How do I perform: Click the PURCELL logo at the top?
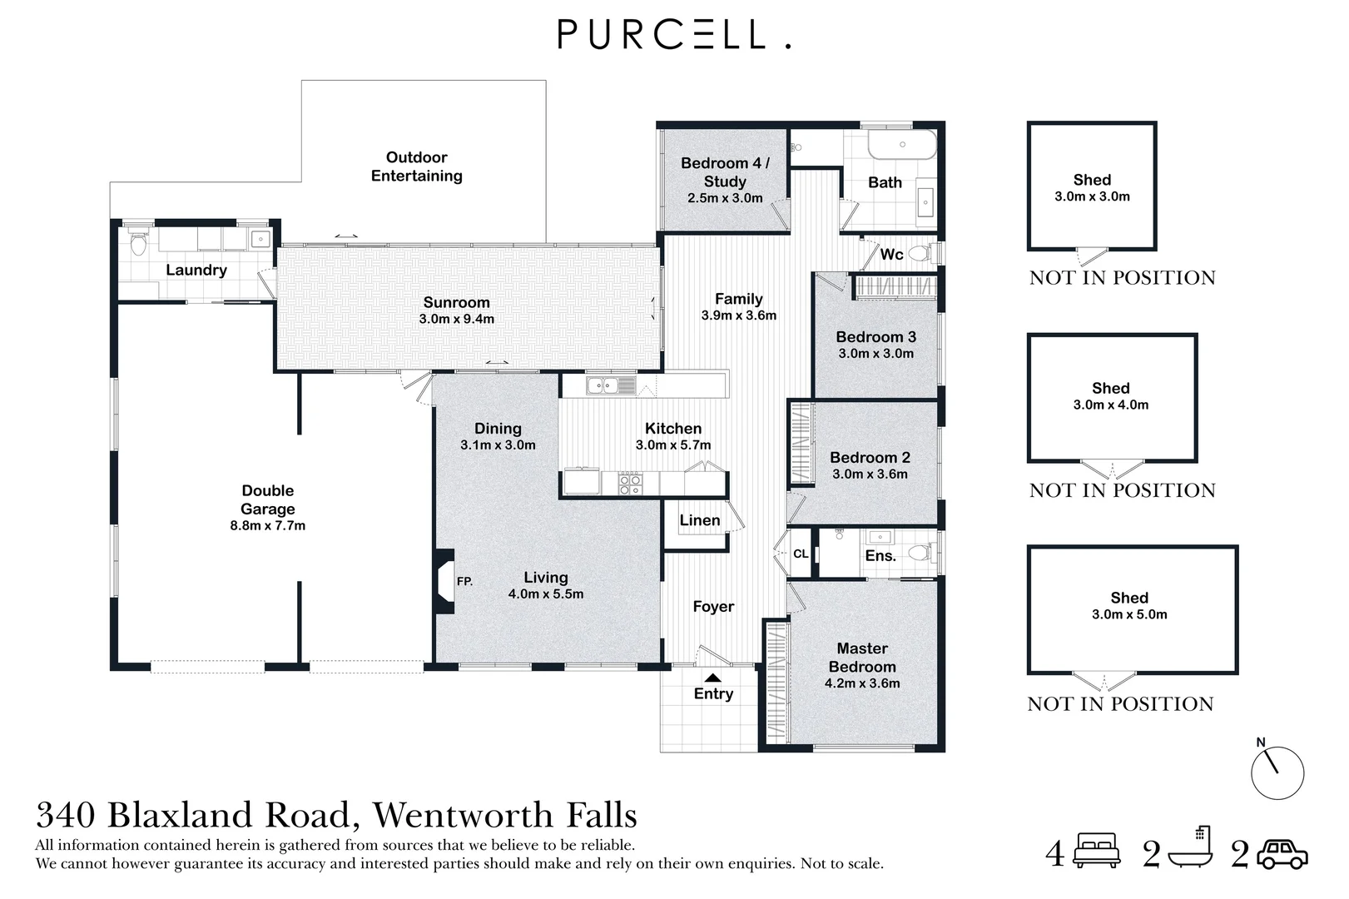[x=673, y=34]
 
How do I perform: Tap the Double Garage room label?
[x=268, y=499]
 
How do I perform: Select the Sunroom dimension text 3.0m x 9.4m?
[x=457, y=319]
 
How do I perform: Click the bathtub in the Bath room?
[x=902, y=147]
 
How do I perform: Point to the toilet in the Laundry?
[x=139, y=244]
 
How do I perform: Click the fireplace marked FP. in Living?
[x=444, y=581]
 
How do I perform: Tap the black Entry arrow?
[x=713, y=678]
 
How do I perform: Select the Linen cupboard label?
[x=699, y=520]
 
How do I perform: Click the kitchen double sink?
[x=610, y=385]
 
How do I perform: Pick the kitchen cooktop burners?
[x=630, y=484]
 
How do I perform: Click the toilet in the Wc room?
[x=919, y=253]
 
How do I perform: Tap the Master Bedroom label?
[x=862, y=657]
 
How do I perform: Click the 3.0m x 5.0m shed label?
[x=1129, y=614]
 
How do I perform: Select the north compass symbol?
[x=1277, y=772]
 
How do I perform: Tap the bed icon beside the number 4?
[x=1098, y=852]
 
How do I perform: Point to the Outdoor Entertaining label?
[x=416, y=166]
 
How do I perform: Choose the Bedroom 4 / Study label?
[x=725, y=172]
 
